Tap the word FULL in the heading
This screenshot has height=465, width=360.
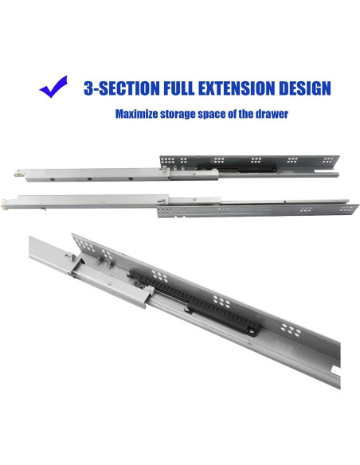point(179,88)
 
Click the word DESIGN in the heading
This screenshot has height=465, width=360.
point(305,88)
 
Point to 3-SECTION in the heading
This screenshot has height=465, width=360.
point(122,88)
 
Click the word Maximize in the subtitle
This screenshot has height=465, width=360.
point(136,114)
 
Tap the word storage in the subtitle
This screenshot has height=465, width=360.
point(178,114)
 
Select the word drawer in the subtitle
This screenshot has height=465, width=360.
point(271,114)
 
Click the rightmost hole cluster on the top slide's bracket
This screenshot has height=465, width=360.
point(328,160)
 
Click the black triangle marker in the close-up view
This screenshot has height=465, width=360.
point(81,261)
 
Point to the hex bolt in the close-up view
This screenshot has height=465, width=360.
point(70,256)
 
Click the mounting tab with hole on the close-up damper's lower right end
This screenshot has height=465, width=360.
point(252,332)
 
